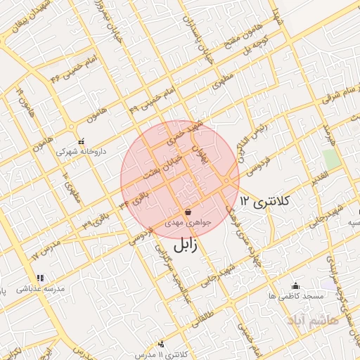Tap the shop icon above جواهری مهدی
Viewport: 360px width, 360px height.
188,212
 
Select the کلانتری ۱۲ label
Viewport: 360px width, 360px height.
264,202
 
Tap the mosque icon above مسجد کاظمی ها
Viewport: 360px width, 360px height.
295,285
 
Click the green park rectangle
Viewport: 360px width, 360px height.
332,158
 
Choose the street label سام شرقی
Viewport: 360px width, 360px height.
337,96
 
